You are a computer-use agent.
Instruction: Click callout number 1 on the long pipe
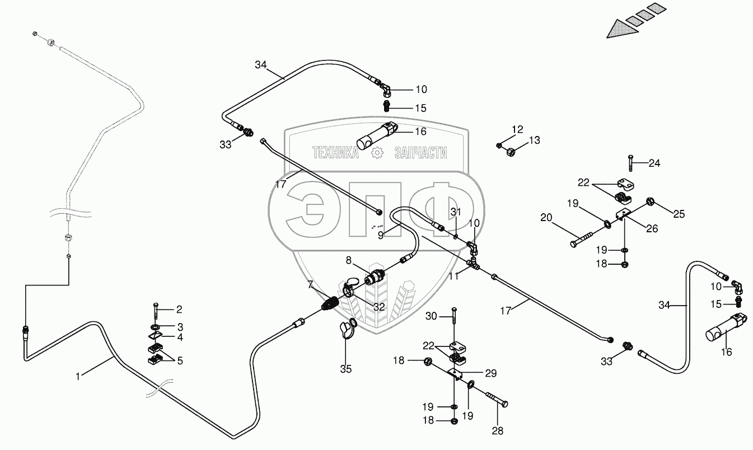point(79,377)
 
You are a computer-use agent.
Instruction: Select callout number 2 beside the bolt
point(179,309)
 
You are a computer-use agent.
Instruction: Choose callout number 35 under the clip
point(347,369)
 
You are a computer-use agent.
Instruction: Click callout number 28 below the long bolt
point(497,431)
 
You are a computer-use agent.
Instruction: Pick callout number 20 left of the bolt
point(546,217)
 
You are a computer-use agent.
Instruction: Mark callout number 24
point(654,163)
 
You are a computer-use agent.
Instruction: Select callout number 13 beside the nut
point(535,140)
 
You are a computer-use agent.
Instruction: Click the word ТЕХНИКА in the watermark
point(335,152)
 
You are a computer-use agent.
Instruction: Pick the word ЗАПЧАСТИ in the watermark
point(420,152)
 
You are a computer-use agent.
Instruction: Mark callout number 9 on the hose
point(381,236)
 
